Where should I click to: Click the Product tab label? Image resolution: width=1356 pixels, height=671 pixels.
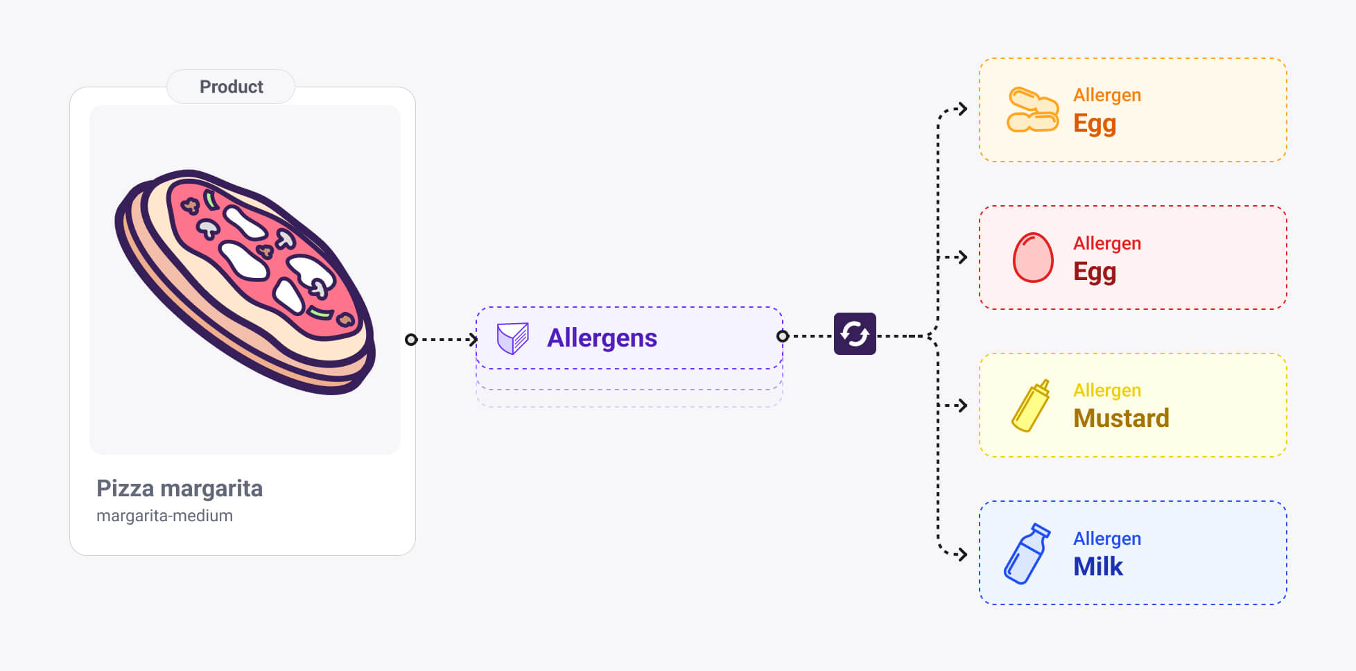(231, 87)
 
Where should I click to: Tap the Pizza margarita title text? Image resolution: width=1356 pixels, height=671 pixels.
(180, 488)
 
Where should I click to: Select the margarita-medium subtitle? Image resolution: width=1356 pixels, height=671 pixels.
(164, 516)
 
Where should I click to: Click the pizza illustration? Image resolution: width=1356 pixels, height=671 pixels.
(245, 281)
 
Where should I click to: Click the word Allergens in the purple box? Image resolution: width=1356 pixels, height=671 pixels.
(602, 338)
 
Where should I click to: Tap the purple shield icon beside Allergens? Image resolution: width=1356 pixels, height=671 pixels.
(513, 338)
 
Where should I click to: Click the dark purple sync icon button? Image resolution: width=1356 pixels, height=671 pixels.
(855, 334)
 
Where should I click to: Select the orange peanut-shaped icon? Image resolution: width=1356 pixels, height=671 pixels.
(1032, 110)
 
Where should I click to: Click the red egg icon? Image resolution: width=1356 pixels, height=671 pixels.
(1033, 257)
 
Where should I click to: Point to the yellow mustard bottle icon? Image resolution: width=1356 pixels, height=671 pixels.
(1031, 406)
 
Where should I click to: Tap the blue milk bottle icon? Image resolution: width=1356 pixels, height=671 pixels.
(1027, 554)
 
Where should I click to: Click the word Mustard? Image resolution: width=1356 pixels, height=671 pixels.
(1121, 418)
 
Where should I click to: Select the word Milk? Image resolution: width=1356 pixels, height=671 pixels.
(1097, 566)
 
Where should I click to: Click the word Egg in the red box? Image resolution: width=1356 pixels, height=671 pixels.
(1095, 272)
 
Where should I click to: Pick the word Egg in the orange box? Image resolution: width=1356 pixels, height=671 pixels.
(1095, 123)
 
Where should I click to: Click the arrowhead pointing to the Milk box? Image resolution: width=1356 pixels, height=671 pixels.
(962, 554)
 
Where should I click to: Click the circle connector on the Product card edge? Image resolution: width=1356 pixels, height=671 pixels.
(411, 340)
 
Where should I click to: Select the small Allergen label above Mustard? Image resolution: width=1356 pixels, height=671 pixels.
(1107, 390)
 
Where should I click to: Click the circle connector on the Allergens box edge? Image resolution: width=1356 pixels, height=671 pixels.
(783, 336)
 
